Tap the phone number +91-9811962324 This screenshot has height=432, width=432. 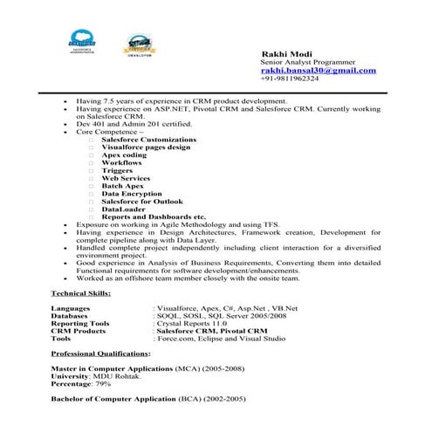pos(290,79)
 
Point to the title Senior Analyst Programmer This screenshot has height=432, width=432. pos(302,62)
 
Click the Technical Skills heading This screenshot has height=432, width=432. pos(80,293)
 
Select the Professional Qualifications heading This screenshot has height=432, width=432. pos(100,353)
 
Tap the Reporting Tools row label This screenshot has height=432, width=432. pos(81,323)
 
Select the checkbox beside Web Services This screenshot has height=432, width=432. pos(90,177)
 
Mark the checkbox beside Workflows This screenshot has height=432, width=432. pos(90,162)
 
